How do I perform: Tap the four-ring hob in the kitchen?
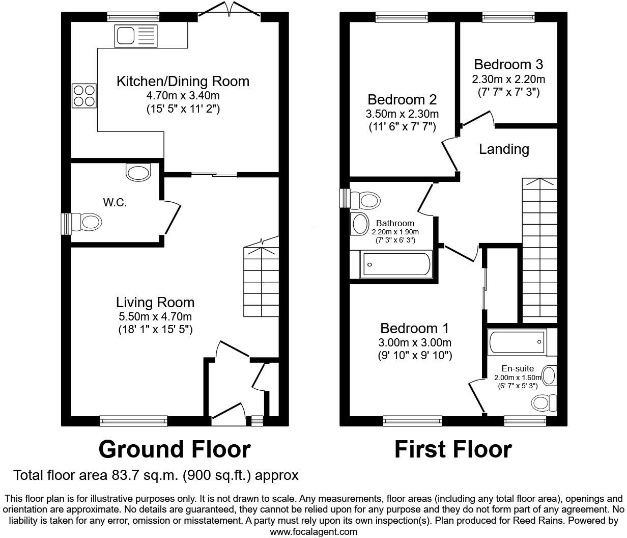(x=84, y=95)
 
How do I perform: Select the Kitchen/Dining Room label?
(x=183, y=82)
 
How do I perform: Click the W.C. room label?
(x=115, y=203)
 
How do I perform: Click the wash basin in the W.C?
(x=139, y=172)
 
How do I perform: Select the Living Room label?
(x=155, y=303)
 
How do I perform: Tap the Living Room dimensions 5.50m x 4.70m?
(x=155, y=316)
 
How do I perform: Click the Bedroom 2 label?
(x=402, y=100)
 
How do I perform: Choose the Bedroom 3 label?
(x=508, y=65)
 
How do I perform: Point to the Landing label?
(x=504, y=149)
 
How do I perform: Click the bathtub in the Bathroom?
(x=395, y=264)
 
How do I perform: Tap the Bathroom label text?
(x=395, y=223)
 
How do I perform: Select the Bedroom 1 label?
(x=415, y=328)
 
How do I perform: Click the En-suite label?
(x=518, y=368)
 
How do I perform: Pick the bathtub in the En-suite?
(x=516, y=342)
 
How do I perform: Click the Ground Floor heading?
(x=174, y=449)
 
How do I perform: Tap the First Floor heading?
(x=453, y=449)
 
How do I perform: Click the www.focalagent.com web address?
(x=313, y=532)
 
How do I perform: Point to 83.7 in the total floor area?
(x=127, y=475)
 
